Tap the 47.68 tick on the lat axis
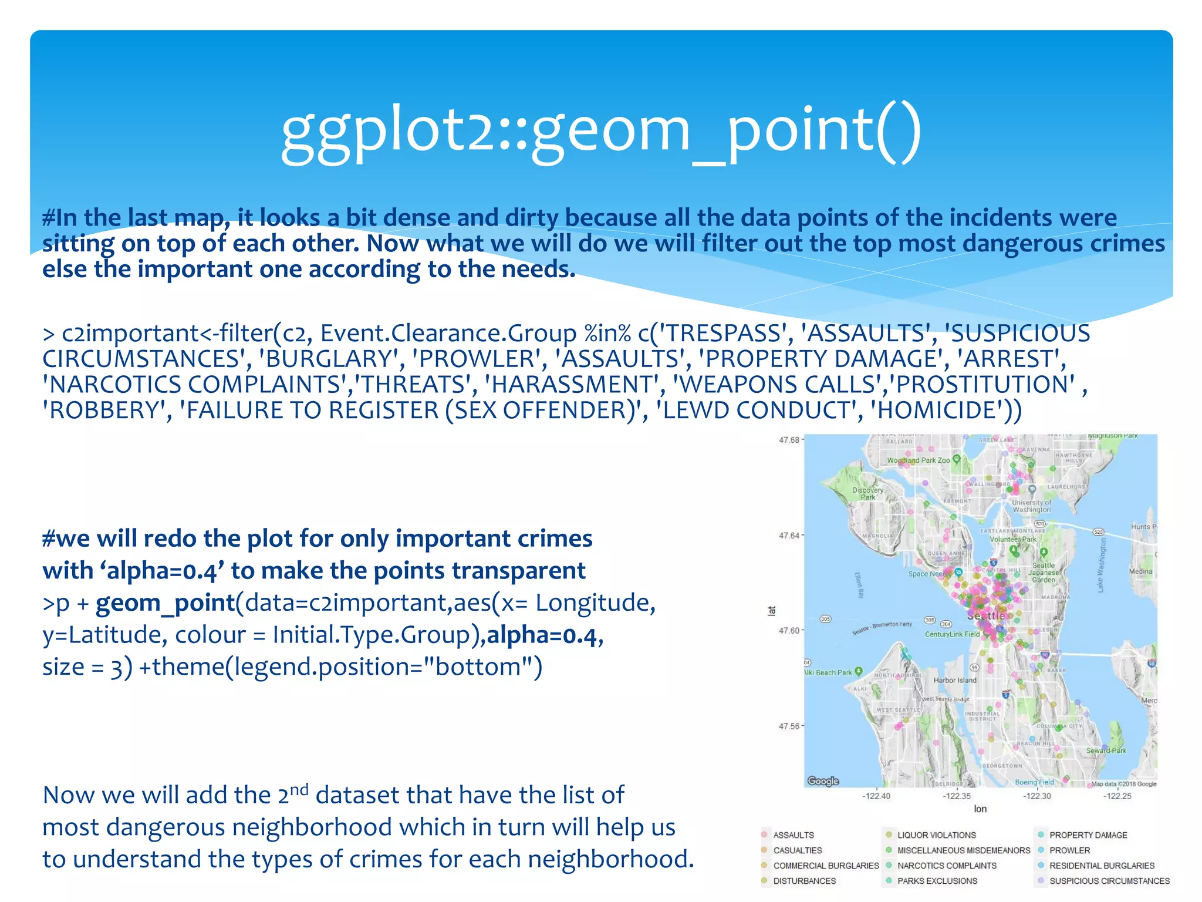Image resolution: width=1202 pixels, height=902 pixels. pyautogui.click(x=789, y=440)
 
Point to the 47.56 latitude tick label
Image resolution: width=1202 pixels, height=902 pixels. pyautogui.click(x=789, y=726)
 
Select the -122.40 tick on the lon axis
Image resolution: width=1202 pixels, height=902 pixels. pyautogui.click(x=876, y=796)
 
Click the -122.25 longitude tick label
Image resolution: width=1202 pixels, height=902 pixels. pyautogui.click(x=1117, y=796)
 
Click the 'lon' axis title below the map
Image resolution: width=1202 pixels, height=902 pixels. pyautogui.click(x=980, y=809)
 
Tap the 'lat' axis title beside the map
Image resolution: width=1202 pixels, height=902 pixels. pyautogui.click(x=772, y=611)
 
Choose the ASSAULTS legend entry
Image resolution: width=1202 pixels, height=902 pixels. pyautogui.click(x=793, y=835)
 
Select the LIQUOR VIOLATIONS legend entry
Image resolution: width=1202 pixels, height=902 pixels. pyautogui.click(x=936, y=835)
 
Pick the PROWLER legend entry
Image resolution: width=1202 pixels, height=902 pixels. pyautogui.click(x=1069, y=850)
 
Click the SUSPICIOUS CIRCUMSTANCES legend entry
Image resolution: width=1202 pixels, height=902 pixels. pyautogui.click(x=1109, y=881)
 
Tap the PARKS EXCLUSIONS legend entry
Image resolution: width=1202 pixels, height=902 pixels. pyautogui.click(x=937, y=881)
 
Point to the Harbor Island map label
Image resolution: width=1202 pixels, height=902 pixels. pyautogui.click(x=955, y=680)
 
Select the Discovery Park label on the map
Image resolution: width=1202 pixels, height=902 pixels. pyautogui.click(x=868, y=493)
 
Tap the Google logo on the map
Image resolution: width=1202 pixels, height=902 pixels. pyautogui.click(x=823, y=781)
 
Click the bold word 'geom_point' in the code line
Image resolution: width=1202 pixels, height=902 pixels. pyautogui.click(x=165, y=603)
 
